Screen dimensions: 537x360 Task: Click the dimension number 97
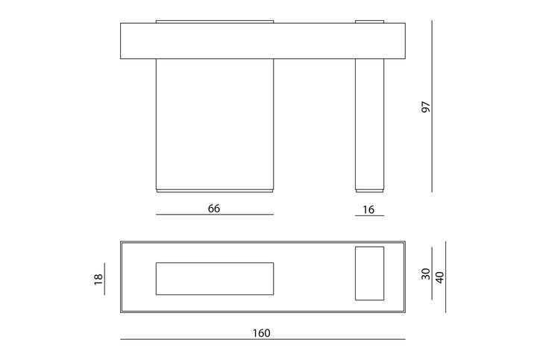(x=426, y=107)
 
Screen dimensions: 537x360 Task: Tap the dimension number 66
(x=214, y=209)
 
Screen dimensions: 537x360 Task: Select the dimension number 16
(x=368, y=209)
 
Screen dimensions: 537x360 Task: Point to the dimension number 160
(x=262, y=333)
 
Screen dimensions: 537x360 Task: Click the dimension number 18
(x=98, y=280)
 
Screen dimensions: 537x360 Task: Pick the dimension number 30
(x=426, y=274)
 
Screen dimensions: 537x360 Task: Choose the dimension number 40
(x=440, y=277)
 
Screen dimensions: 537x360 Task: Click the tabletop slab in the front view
(x=263, y=41)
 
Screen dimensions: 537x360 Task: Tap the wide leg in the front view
(x=215, y=124)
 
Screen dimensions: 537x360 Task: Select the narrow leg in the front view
(x=369, y=124)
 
